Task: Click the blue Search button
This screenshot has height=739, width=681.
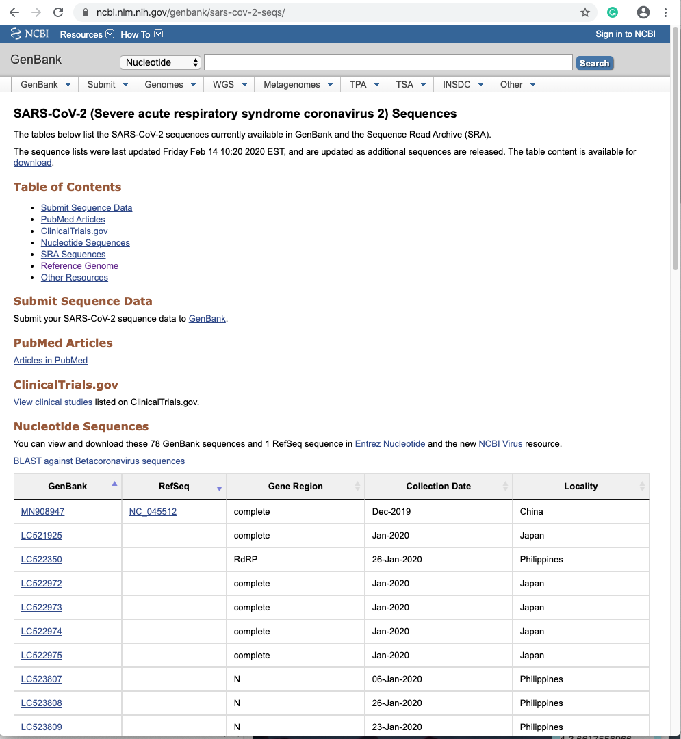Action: click(594, 63)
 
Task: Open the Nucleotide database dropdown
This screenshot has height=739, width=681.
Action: click(161, 62)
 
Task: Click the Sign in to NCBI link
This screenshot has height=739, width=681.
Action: click(625, 34)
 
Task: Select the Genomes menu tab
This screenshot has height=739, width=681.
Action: click(169, 84)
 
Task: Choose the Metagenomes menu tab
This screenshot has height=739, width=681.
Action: click(297, 84)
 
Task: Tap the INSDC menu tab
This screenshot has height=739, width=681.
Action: click(462, 84)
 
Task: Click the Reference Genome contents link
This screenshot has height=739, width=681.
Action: click(79, 266)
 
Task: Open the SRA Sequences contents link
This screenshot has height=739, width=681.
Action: click(73, 255)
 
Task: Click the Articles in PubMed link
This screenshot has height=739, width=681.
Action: click(51, 361)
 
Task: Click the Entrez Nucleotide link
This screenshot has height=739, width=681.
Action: click(390, 444)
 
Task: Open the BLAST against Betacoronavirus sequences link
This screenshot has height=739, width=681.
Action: click(99, 461)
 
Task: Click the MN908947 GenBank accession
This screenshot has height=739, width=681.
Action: click(42, 512)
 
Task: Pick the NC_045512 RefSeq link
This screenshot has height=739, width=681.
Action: click(153, 512)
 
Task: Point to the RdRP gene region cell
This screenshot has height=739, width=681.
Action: click(246, 560)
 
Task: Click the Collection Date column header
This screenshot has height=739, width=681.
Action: click(439, 487)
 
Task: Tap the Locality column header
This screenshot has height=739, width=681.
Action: click(580, 487)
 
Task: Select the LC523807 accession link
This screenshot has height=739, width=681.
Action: click(42, 679)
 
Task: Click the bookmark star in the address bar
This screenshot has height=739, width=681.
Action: click(585, 12)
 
